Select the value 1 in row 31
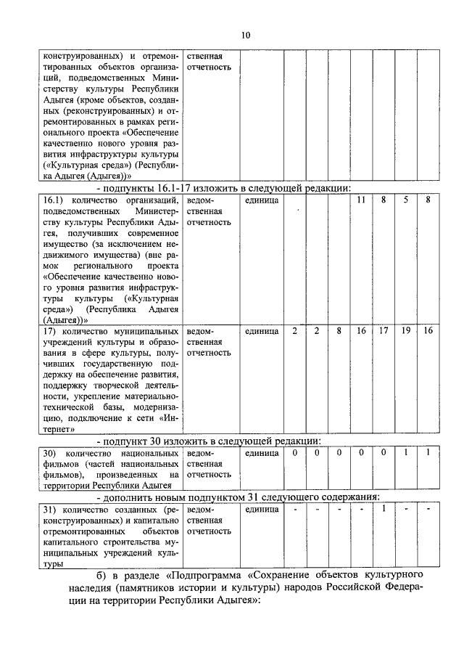tap(384, 508)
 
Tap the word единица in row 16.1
tap(262, 199)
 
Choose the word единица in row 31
tap(262, 509)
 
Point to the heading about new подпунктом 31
tap(239, 497)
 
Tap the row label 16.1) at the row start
tap(54, 199)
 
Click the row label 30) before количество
tap(49, 453)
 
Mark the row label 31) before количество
tap(49, 509)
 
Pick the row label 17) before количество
tap(49, 331)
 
